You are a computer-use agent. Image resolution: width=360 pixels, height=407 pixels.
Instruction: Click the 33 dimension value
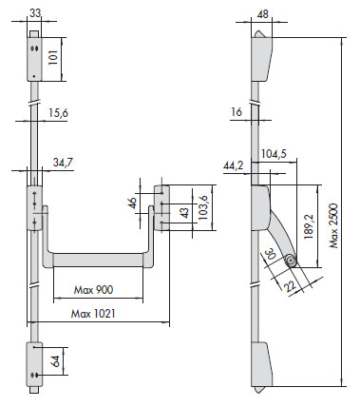(35, 13)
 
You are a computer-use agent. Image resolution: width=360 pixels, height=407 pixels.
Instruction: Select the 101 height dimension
(53, 57)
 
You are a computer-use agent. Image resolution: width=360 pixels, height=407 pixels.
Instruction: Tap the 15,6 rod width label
(59, 113)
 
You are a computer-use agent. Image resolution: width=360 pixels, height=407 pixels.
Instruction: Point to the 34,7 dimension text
(63, 163)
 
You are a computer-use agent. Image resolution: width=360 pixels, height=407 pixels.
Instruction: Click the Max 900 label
(93, 290)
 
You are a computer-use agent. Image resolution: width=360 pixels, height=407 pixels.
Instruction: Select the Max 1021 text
(93, 314)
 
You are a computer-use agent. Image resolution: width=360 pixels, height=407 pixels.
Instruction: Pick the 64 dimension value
(55, 361)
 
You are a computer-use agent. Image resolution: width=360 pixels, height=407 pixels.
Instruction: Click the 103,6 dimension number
(202, 207)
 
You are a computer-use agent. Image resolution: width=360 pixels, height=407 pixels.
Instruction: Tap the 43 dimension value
(185, 212)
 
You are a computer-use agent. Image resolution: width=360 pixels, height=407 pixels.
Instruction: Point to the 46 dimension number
(132, 203)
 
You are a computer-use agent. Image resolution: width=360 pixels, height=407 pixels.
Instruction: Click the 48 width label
(262, 14)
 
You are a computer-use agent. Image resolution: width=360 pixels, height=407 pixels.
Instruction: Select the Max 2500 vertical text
(333, 225)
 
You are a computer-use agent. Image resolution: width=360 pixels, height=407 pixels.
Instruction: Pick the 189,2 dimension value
(309, 226)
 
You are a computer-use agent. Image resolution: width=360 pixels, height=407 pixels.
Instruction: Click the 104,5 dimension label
(275, 154)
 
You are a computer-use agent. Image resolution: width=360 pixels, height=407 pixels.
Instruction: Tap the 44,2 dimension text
(234, 165)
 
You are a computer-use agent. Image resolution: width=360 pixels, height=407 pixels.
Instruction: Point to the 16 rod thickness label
(237, 112)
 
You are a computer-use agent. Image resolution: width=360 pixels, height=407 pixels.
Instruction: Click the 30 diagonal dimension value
(271, 255)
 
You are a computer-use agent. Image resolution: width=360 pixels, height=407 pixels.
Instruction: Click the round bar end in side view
(291, 261)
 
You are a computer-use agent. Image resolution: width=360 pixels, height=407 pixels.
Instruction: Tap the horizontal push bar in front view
(98, 260)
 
